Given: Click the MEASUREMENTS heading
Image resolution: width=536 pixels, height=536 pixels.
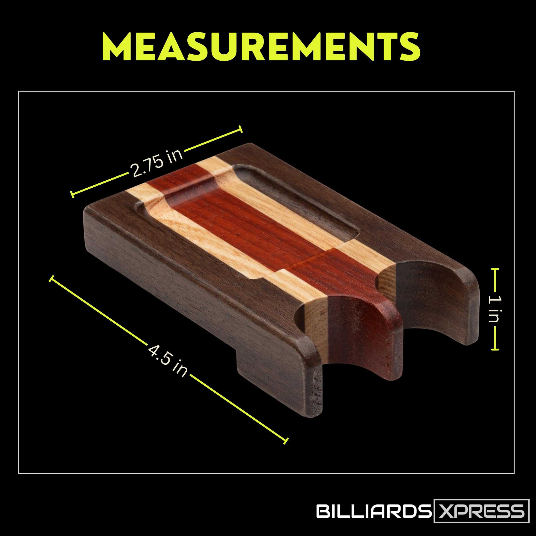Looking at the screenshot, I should tap(261, 47).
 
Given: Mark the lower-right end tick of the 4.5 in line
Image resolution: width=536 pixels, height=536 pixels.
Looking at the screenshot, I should tap(286, 441).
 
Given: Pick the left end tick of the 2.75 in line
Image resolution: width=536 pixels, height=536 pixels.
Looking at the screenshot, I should tap(72, 195).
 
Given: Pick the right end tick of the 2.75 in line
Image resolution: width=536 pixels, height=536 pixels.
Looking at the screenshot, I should tap(240, 129).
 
